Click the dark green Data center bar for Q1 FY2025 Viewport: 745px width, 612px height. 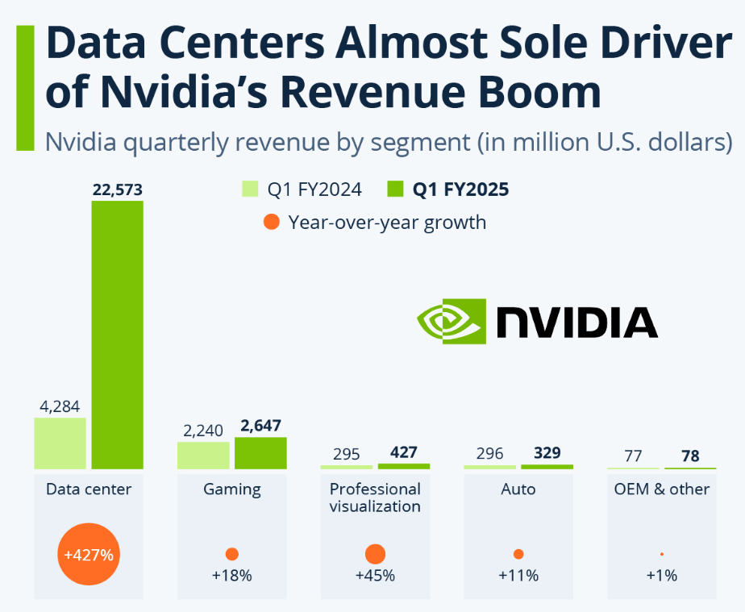(117, 335)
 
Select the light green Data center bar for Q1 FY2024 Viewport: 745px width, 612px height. (60, 443)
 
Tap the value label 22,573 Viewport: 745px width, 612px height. (117, 190)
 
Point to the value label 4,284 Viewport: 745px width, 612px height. (60, 406)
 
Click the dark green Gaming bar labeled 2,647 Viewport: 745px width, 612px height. (260, 452)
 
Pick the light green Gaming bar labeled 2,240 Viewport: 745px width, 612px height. (203, 455)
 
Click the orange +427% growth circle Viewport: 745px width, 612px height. (89, 555)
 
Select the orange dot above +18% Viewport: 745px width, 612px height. (232, 554)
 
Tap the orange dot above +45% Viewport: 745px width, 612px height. (375, 554)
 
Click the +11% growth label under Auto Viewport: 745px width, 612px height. (518, 576)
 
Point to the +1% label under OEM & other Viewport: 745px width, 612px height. (662, 576)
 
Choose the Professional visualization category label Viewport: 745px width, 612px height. (375, 498)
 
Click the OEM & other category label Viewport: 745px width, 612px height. (662, 489)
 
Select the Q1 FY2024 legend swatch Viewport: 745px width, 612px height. (250, 189)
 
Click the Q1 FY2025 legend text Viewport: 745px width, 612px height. (460, 189)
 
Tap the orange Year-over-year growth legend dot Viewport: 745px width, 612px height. (273, 222)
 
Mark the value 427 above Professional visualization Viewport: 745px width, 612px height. (404, 453)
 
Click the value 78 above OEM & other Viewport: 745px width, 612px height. (690, 456)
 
